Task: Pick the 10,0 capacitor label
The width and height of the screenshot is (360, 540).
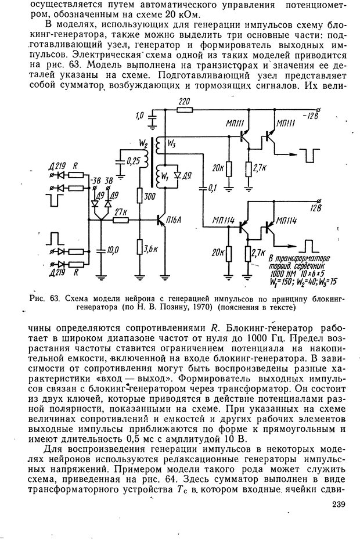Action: tap(112, 250)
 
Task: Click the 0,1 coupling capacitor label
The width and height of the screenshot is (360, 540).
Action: tap(213, 188)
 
